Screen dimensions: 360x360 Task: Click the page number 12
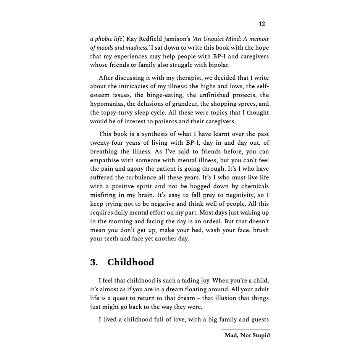[262, 24]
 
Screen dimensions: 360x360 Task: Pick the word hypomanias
[107, 104]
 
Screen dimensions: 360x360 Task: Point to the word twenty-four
[107, 143]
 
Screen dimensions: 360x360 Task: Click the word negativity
[236, 195]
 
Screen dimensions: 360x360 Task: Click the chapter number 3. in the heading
[94, 262]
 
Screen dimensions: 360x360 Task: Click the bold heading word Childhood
[131, 262]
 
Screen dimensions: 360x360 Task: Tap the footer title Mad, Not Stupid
[247, 336]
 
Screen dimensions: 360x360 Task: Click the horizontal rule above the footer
[245, 329]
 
